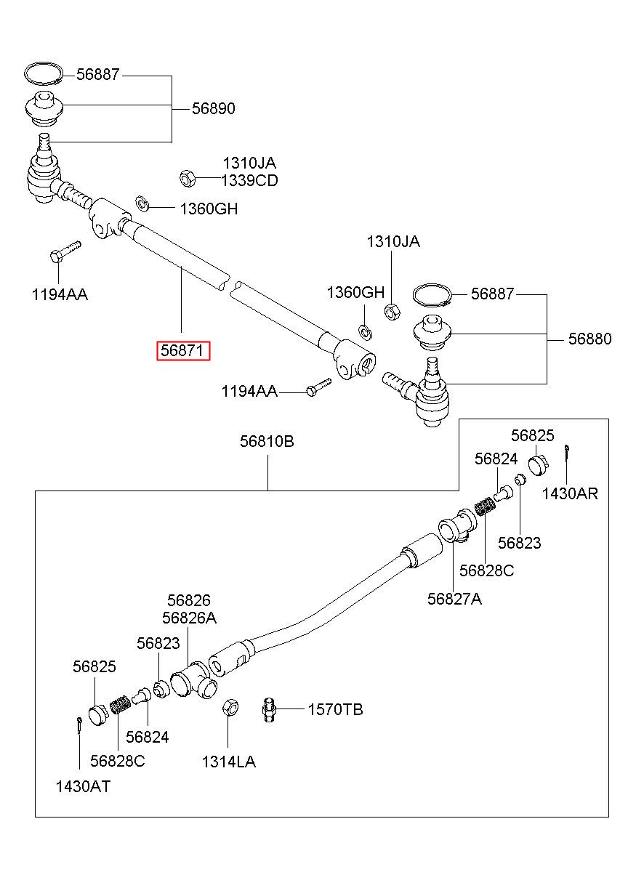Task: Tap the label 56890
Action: [214, 108]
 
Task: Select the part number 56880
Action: [589, 339]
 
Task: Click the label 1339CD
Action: [249, 180]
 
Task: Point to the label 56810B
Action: [267, 441]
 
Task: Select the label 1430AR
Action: [570, 493]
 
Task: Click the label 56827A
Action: [454, 599]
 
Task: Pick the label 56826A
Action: [189, 618]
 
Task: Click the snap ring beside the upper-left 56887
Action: [43, 73]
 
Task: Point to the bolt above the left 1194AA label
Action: [65, 251]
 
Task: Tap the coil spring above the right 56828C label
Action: [484, 506]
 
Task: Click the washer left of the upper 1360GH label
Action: [142, 203]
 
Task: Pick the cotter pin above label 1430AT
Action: [80, 724]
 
